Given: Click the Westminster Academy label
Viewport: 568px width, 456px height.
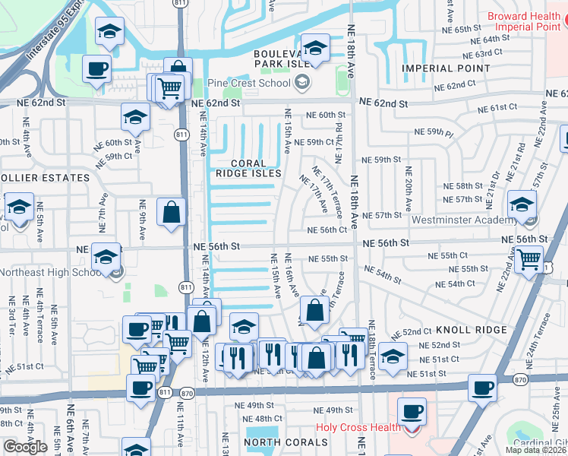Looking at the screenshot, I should [x=465, y=220].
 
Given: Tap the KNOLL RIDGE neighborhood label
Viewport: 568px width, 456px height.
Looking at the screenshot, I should [x=471, y=330].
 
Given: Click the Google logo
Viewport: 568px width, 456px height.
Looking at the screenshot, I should [x=25, y=447].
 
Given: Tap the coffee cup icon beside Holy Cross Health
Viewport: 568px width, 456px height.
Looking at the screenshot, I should [x=412, y=411].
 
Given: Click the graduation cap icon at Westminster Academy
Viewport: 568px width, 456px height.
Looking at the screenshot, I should [x=522, y=204].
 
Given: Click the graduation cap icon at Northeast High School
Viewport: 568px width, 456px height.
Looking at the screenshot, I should [x=106, y=256].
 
